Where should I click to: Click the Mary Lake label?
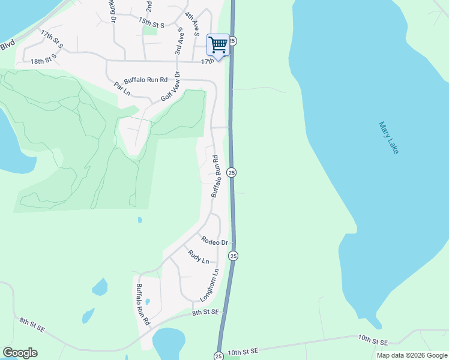coord(389,138)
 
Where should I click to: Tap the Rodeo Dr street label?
coord(215,241)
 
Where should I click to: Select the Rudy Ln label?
coord(198,257)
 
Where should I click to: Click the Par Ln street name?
coord(122,88)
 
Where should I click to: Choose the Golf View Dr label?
coord(170,90)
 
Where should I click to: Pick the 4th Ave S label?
coord(192,25)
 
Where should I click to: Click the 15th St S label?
coord(151,23)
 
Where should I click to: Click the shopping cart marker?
coord(218,45)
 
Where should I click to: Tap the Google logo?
coord(20,353)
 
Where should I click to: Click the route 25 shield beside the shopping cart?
coord(233,41)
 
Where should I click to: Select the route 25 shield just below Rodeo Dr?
coord(233,256)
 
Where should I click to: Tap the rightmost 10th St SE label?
coord(373,341)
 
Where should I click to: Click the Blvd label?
coord(7,45)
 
